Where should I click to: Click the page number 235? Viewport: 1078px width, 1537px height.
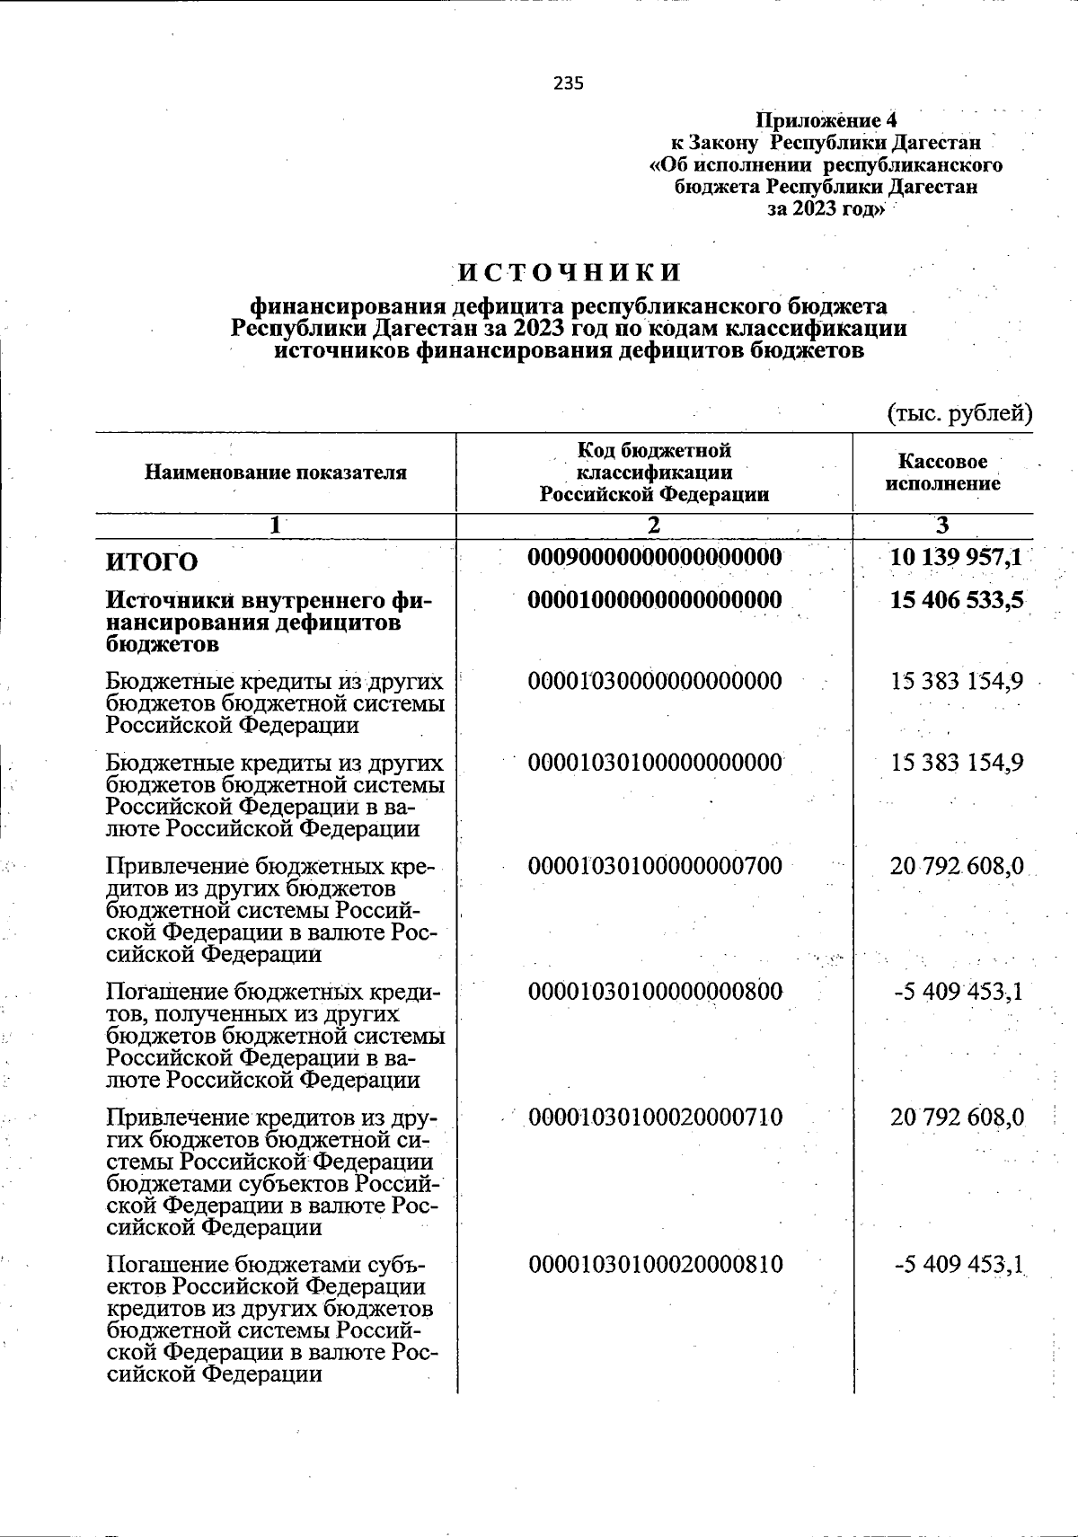pos(568,84)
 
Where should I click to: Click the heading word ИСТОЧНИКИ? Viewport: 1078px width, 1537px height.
pos(570,272)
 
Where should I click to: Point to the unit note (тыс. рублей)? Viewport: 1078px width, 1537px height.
pos(959,413)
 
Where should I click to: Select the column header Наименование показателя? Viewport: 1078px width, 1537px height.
pos(276,473)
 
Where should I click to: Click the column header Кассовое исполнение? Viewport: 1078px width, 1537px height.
pos(942,473)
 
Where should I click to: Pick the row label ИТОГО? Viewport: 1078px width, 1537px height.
pos(152,562)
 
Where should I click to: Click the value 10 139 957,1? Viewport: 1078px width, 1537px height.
pos(956,558)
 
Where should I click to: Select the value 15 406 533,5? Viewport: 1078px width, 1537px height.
pos(957,599)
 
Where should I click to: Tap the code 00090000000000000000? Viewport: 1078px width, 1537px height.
pos(655,558)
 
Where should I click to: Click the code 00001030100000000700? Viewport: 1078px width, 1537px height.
pos(656,866)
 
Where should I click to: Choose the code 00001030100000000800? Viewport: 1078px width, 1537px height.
pos(656,992)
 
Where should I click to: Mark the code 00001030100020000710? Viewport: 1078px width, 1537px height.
pos(656,1117)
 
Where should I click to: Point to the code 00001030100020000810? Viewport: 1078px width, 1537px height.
pos(656,1265)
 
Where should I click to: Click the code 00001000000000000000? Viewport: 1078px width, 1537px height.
pos(655,599)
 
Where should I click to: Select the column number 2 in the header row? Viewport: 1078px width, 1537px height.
pos(654,526)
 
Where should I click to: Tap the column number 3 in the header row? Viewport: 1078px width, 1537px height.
pos(942,526)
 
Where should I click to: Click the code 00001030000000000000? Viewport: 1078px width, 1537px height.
pos(656,681)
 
